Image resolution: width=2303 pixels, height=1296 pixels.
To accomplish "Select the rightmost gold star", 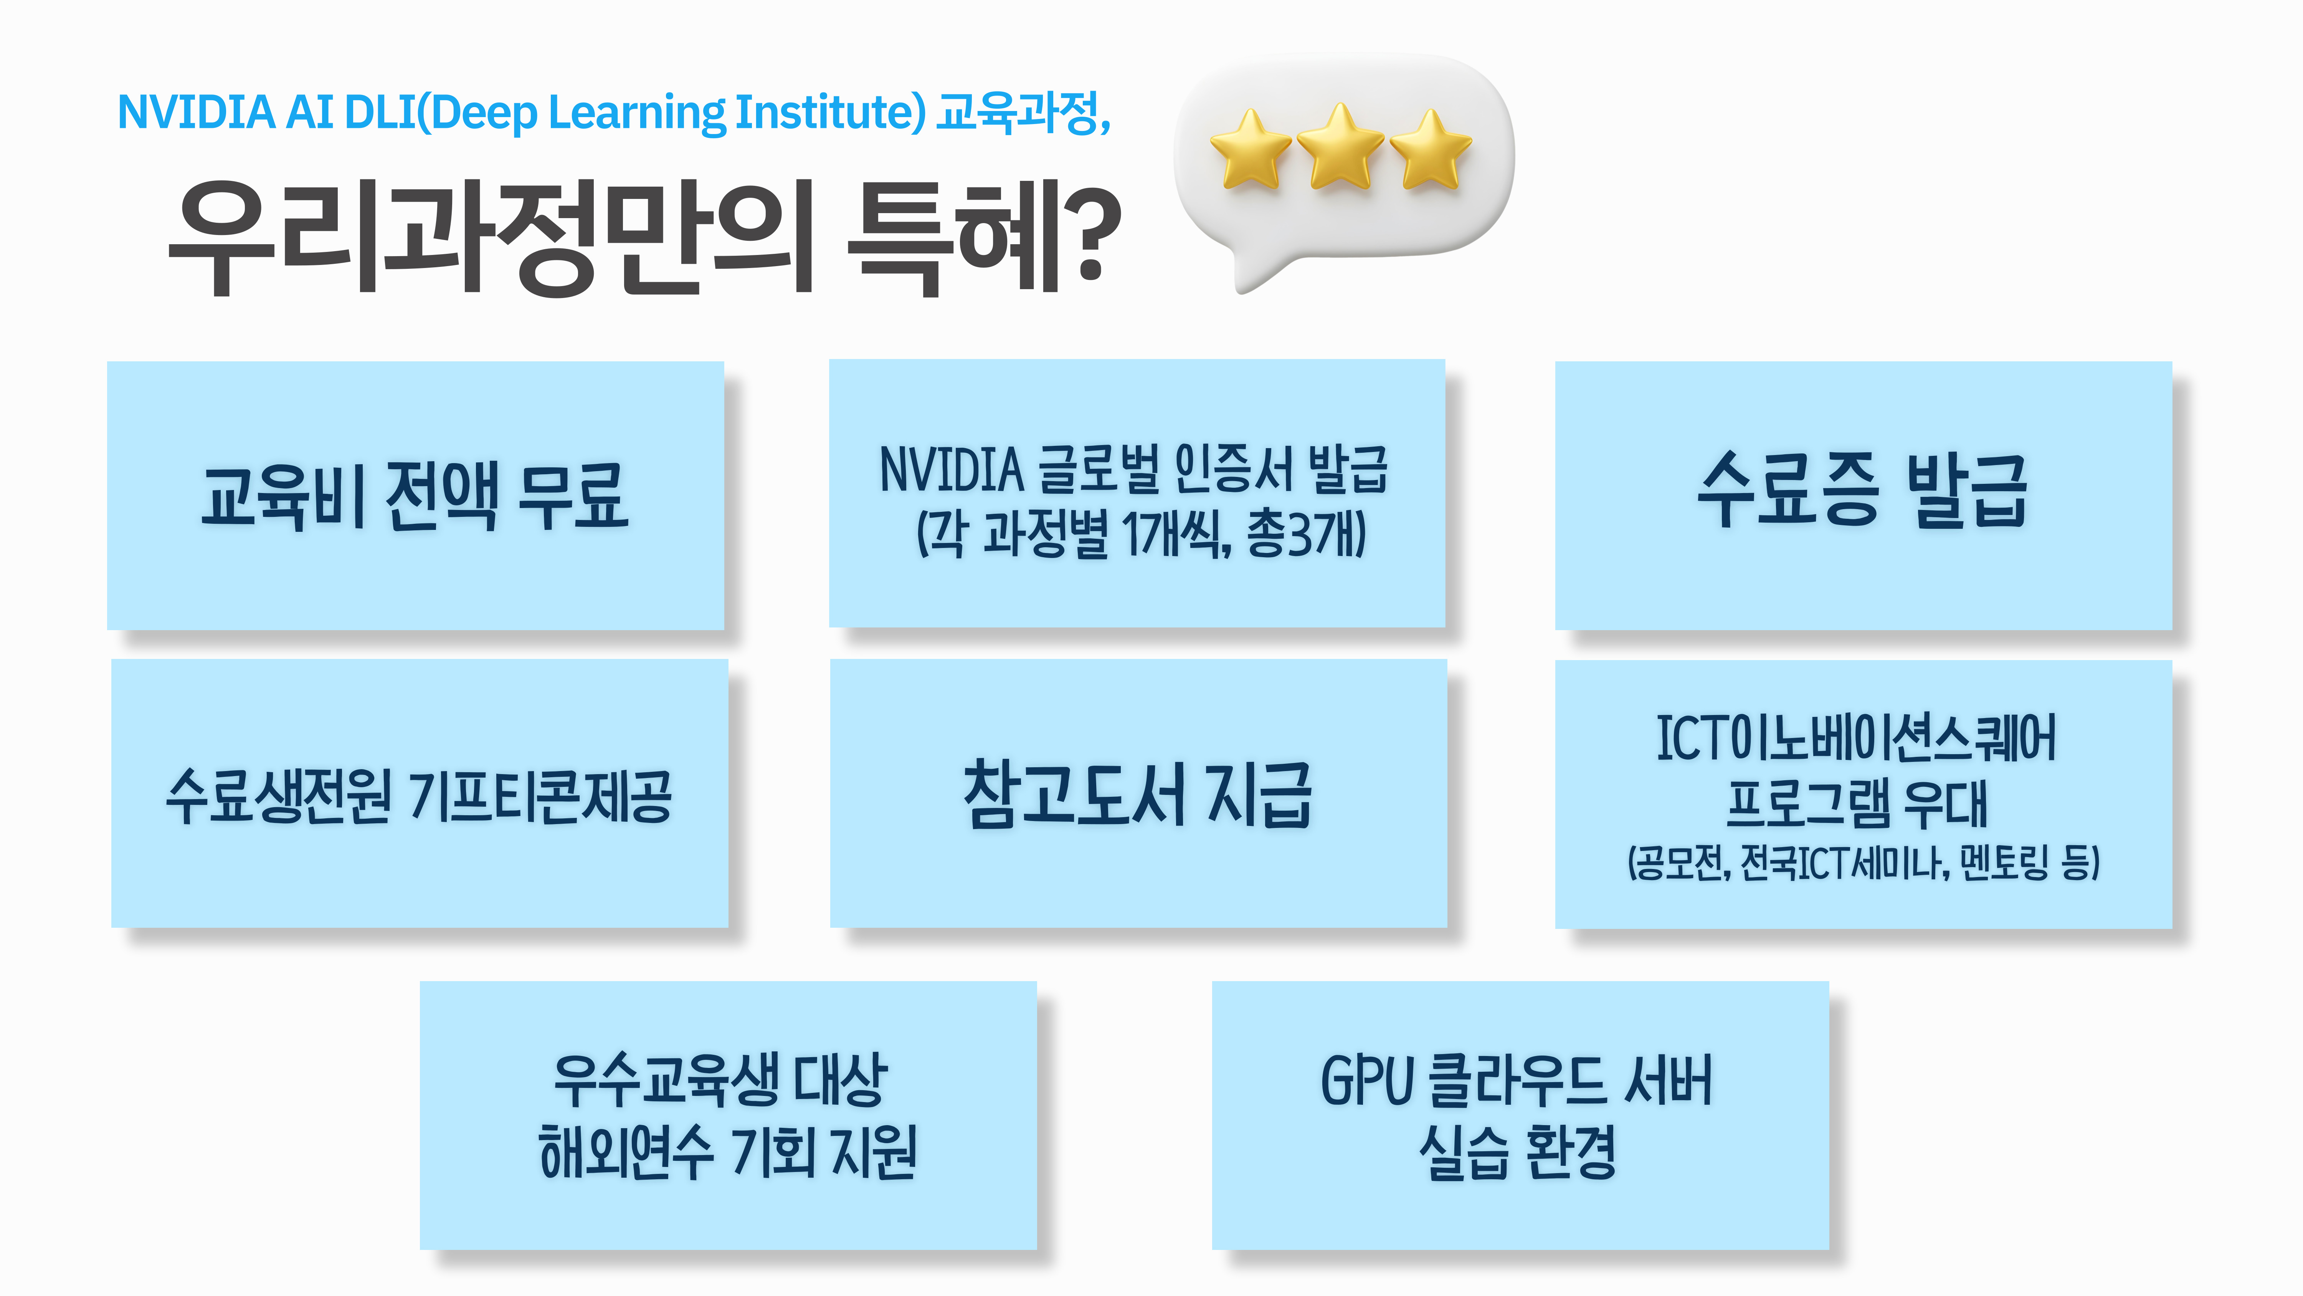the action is (x=1431, y=149).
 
